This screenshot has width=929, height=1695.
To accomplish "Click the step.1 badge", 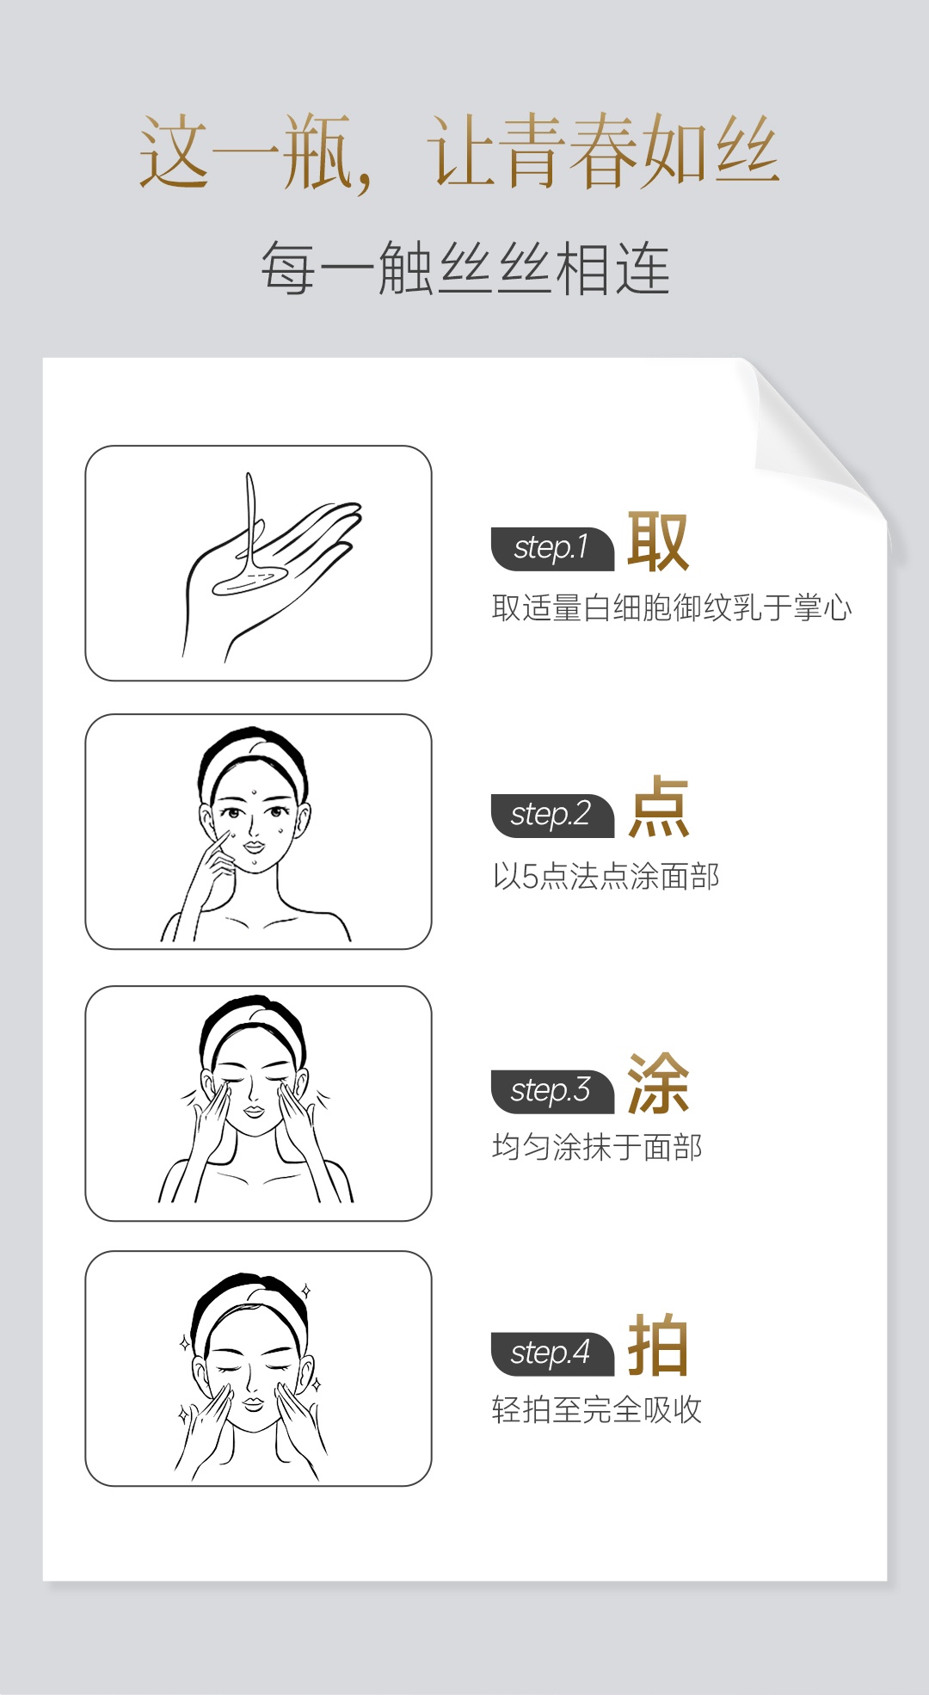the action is click(552, 549).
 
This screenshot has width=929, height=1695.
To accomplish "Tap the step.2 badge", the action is click(552, 816).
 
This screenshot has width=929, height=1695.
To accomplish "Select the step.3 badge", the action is click(552, 1092).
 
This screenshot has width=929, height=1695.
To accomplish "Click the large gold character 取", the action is click(658, 541).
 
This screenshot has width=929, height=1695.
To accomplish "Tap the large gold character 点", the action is click(658, 807).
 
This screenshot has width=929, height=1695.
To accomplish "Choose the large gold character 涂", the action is click(658, 1083).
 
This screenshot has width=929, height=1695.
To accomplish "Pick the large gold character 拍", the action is click(658, 1345).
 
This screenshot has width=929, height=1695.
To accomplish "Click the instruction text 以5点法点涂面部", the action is click(606, 877).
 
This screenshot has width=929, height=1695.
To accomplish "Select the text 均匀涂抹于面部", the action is click(597, 1147).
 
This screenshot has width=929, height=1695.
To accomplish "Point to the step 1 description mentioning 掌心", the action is click(672, 608).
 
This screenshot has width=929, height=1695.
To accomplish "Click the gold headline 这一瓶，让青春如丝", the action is click(459, 152).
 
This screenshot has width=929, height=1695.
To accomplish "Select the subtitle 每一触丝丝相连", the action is click(464, 268).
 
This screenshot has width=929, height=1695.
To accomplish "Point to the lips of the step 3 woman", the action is click(253, 1110).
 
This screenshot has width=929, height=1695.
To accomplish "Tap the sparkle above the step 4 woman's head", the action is click(305, 1291).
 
